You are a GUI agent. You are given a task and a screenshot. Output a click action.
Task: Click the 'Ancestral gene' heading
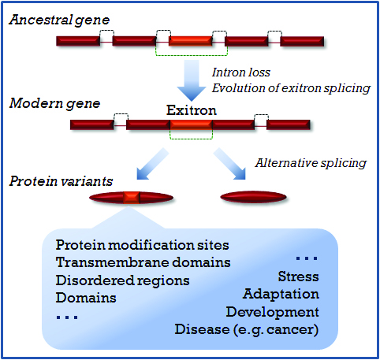[59, 20]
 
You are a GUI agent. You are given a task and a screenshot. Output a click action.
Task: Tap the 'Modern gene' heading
[54, 104]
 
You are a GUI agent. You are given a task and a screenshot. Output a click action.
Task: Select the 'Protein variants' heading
[61, 181]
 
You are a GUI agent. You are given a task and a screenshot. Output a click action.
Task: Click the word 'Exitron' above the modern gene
[192, 110]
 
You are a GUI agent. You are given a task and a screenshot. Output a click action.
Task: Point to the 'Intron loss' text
[241, 72]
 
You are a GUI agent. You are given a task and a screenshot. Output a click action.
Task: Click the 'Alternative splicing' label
[311, 163]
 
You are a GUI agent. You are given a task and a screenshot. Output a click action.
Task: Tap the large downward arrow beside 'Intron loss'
[192, 80]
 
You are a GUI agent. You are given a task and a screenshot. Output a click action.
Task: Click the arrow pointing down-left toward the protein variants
[152, 164]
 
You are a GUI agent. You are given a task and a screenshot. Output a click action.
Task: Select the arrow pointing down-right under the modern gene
[229, 164]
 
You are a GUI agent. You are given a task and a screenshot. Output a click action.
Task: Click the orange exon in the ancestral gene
[191, 41]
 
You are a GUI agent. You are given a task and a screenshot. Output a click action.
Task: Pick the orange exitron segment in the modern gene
[191, 124]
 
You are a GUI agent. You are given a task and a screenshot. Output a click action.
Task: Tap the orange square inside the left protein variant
[132, 198]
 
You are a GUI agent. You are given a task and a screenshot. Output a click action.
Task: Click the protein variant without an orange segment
[253, 197]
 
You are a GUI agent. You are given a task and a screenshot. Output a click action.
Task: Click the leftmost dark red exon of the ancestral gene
[78, 41]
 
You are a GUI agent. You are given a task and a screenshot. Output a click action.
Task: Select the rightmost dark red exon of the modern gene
[289, 124]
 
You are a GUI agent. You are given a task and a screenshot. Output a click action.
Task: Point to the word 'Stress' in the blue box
[299, 276]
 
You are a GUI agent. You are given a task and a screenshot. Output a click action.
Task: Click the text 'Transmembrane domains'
[143, 262]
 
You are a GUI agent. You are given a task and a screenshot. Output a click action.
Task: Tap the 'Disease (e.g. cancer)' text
[247, 330]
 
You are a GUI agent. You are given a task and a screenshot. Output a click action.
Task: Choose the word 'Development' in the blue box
[273, 312]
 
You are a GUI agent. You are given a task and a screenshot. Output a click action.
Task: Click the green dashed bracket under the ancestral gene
[192, 55]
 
